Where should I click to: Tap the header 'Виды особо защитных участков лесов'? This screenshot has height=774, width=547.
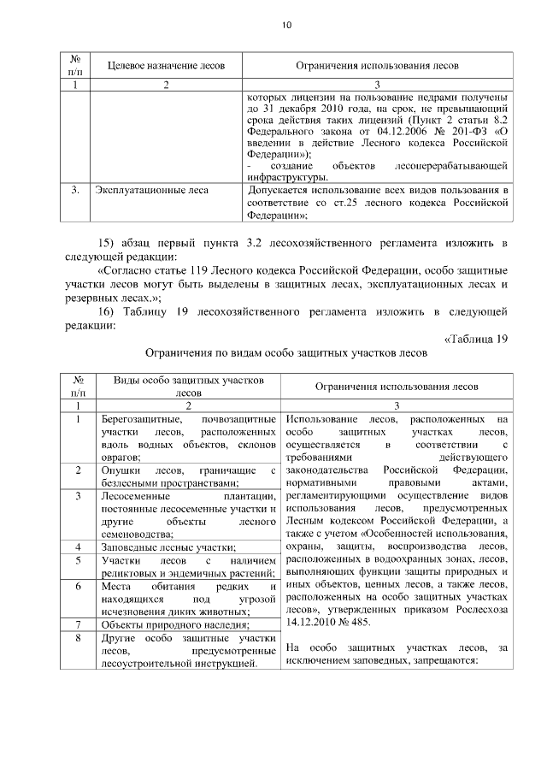188,387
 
